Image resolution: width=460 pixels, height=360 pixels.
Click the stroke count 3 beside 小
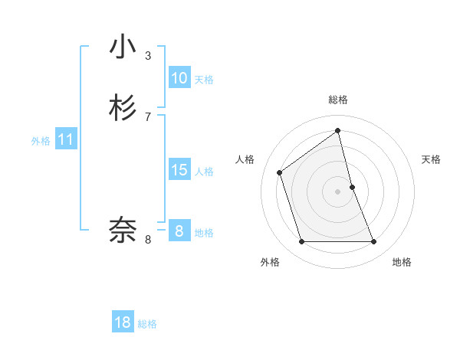[x=147, y=55]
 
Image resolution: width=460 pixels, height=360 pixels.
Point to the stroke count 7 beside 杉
[x=147, y=116]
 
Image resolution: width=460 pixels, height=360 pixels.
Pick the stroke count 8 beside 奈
[x=147, y=239]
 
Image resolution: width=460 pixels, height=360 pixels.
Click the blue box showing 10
[x=179, y=78]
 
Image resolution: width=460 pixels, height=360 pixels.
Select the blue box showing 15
[x=179, y=170]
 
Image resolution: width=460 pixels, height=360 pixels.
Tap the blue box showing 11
[x=66, y=139]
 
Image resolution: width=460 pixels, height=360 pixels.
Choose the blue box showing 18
[x=123, y=322]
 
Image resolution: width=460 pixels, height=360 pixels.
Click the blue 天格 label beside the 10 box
[x=204, y=80]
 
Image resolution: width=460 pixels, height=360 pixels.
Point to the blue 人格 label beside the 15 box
[x=204, y=172]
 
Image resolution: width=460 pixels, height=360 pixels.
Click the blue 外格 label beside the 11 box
[x=41, y=141]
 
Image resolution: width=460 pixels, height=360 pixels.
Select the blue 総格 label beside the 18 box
[x=147, y=324]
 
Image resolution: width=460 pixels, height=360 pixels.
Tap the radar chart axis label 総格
[x=338, y=100]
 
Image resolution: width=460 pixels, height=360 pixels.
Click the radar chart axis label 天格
[x=432, y=159]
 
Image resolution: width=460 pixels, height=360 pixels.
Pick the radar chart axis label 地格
[x=402, y=262]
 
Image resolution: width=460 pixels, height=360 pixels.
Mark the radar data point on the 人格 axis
[x=280, y=172]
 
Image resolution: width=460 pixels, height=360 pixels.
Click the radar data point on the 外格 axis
[x=301, y=242]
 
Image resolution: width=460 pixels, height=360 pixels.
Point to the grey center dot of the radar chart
[x=338, y=191]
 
